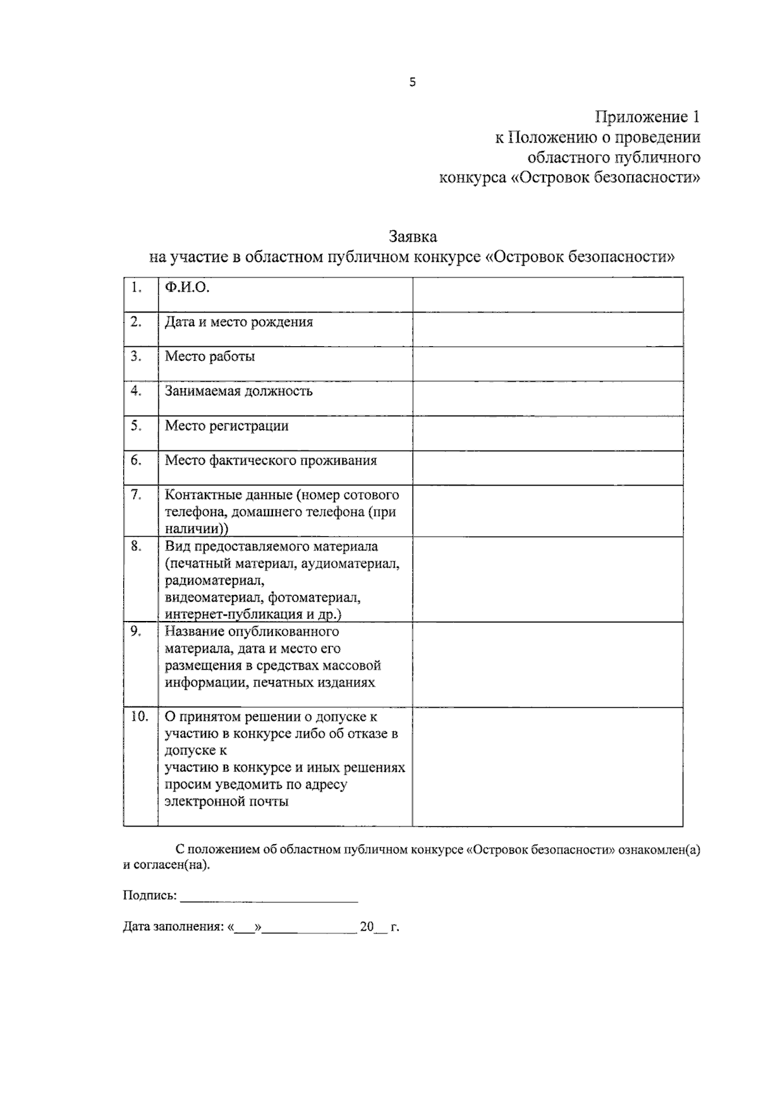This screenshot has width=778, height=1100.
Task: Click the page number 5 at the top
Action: tap(412, 82)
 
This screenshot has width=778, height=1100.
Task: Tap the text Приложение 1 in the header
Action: tap(647, 117)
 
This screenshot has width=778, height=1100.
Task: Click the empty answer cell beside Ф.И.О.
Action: tap(547, 295)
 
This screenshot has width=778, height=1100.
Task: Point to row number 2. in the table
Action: tap(136, 322)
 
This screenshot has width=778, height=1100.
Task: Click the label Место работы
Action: tap(209, 357)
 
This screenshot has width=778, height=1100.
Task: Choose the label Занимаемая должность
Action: tap(238, 391)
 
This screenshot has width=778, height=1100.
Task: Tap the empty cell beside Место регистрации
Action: tap(547, 433)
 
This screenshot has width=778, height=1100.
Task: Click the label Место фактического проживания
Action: tap(270, 460)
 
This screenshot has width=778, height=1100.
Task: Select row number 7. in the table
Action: tap(136, 495)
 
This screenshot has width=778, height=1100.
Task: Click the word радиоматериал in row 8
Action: tap(214, 580)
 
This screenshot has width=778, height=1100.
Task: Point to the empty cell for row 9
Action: tap(547, 664)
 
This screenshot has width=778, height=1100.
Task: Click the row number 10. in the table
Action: tap(139, 717)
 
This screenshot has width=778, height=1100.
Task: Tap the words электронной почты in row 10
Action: tap(226, 801)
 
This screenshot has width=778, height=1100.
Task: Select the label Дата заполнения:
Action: tap(173, 927)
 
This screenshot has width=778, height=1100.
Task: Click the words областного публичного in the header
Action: tap(613, 158)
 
